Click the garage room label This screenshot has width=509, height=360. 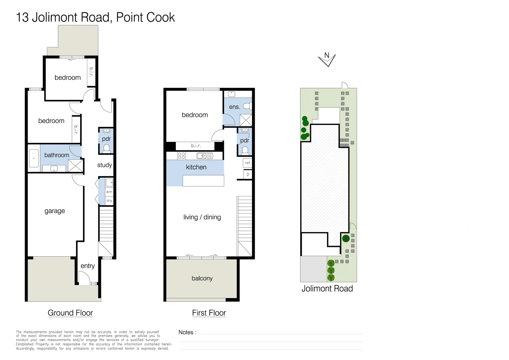55,211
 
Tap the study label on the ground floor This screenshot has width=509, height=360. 105,165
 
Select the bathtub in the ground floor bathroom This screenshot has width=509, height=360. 34,158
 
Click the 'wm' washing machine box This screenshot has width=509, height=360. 109,192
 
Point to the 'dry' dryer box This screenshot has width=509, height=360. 109,201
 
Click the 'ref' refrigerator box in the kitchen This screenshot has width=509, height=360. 247,163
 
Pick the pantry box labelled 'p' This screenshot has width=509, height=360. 248,174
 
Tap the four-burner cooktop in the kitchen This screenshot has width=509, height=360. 182,156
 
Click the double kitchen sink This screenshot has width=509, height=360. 205,156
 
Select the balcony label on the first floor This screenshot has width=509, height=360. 202,278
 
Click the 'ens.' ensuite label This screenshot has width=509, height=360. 235,107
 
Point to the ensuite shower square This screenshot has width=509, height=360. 246,120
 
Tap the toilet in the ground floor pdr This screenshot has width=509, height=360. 106,148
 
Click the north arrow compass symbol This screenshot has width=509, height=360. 327,60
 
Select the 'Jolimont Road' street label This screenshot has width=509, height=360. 327,289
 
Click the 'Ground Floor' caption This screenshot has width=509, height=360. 70,313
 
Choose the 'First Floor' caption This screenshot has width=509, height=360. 209,313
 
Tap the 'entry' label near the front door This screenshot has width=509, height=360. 88,266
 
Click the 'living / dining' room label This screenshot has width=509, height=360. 202,217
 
